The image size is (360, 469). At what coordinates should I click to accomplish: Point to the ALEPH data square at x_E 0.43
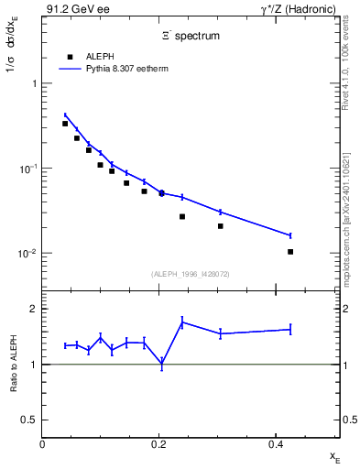click(x=290, y=251)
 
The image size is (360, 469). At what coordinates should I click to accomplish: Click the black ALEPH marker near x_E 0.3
click(x=221, y=225)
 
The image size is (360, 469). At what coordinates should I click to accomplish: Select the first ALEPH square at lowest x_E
click(x=65, y=124)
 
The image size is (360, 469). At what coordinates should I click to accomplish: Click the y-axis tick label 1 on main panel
click(x=33, y=83)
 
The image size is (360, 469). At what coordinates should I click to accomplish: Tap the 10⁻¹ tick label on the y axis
click(x=29, y=169)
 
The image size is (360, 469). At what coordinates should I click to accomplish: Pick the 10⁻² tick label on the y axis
click(x=29, y=254)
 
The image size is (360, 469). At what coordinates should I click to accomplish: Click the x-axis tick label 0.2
click(x=158, y=445)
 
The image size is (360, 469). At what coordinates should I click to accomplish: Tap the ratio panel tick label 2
click(x=33, y=309)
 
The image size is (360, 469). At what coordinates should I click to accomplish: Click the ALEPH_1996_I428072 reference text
click(x=191, y=274)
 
